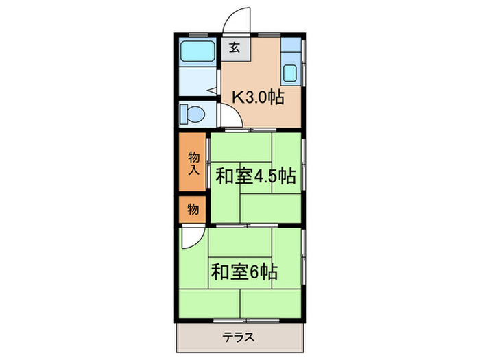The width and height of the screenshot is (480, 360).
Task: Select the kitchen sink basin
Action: (291, 73)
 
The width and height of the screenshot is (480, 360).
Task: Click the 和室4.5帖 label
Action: (255, 176)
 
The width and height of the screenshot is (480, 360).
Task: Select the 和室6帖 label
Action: (243, 272)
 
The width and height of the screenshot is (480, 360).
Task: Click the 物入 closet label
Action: (193, 163)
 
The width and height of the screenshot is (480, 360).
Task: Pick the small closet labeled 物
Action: (193, 209)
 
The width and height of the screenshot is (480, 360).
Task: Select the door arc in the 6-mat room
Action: (191, 238)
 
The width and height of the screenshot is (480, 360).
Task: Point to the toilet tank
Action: (184, 114)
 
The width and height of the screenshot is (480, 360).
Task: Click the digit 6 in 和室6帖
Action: (254, 272)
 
